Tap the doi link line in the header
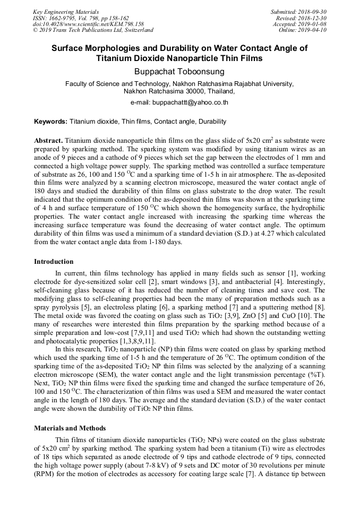coord(88,24)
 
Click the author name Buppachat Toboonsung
coord(179,71)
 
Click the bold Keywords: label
coord(51,122)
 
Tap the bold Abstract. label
coord(49,141)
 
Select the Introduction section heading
coord(54,262)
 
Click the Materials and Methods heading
coord(70,428)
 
